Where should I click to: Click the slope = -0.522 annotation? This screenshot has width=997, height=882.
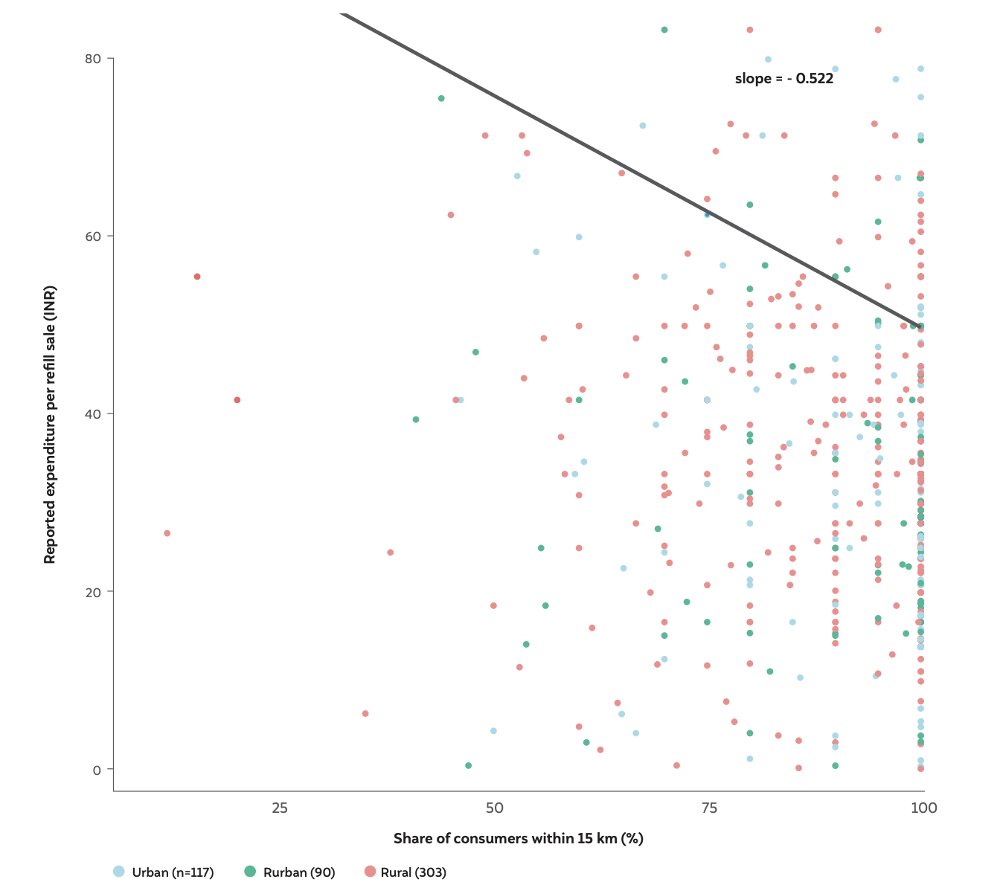783,78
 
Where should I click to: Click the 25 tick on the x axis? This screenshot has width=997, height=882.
280,808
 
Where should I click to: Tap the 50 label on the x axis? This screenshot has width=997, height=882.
494,808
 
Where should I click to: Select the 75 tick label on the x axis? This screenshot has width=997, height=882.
709,808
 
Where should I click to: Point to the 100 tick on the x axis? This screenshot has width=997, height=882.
923,808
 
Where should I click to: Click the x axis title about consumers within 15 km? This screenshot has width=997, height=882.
519,839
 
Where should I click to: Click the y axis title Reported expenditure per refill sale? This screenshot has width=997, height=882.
50,424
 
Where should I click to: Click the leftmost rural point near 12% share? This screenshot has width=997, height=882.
167,533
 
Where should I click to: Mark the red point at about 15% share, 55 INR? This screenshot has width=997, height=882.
197,277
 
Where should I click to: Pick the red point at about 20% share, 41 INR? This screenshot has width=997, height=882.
237,400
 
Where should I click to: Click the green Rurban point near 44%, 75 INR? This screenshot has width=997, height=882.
441,98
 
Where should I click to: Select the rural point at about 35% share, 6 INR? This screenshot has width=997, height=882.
365,714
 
